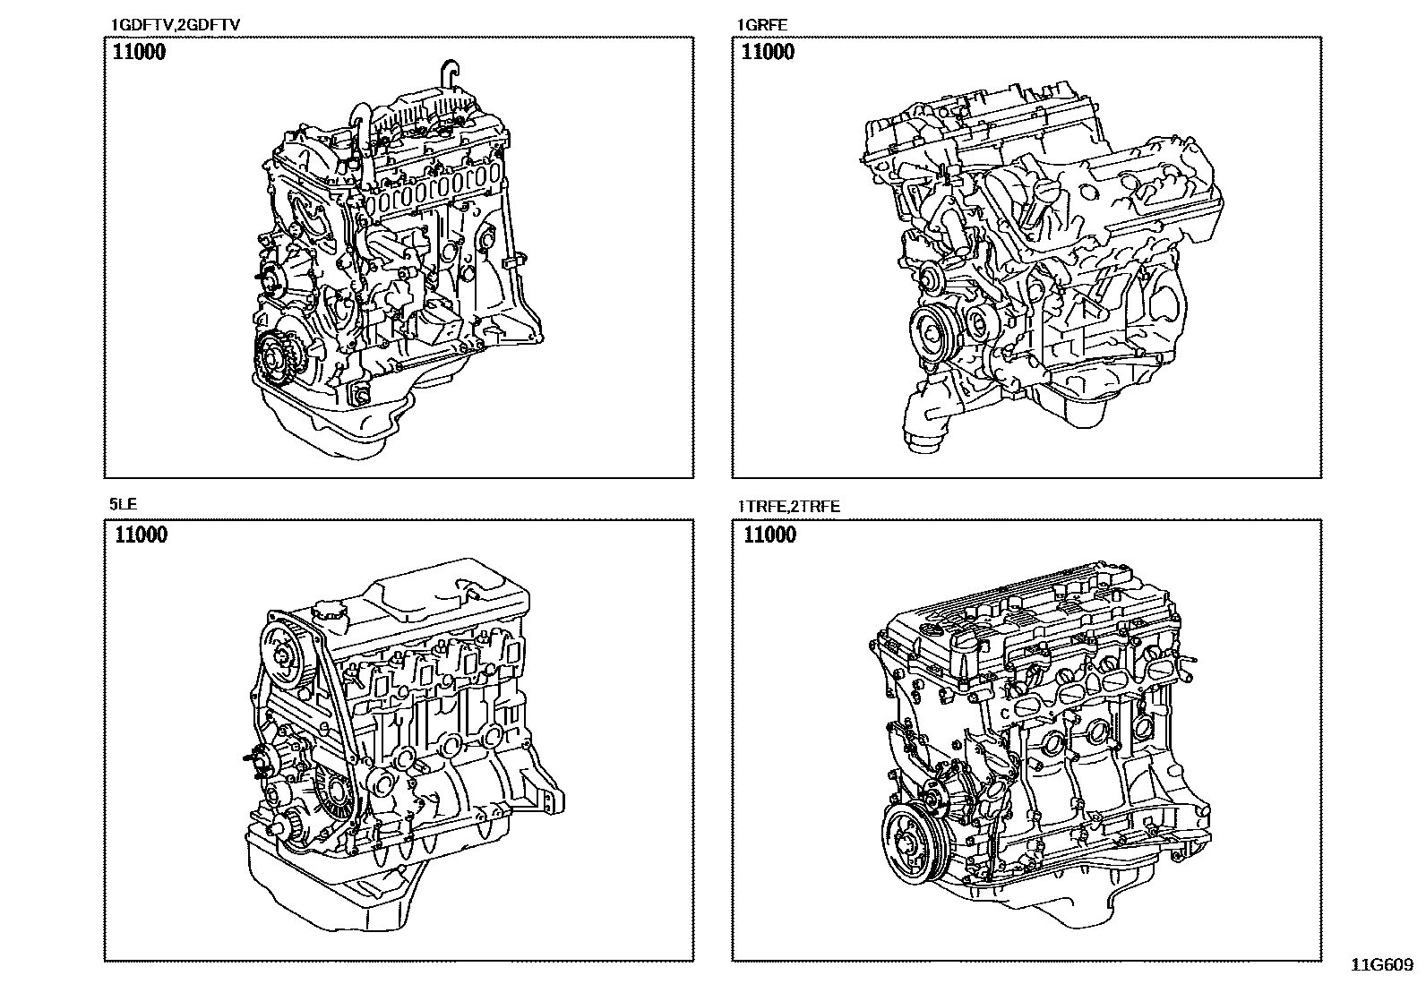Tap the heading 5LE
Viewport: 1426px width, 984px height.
pyautogui.click(x=123, y=505)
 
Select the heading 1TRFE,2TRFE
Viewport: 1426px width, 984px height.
pyautogui.click(x=787, y=506)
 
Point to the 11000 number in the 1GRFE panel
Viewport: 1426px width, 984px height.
pyautogui.click(x=768, y=52)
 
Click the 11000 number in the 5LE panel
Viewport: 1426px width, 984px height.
pyautogui.click(x=141, y=535)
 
